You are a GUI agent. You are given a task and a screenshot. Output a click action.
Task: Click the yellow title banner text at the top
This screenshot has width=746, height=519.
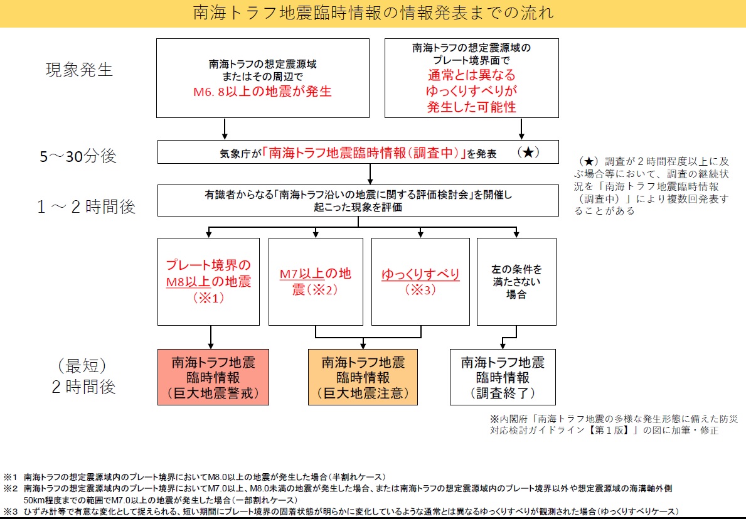(x=373, y=13)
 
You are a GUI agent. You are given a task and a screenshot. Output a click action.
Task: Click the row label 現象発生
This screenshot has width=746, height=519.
(x=79, y=69)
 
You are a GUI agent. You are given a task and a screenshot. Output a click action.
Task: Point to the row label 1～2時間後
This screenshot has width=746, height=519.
(x=86, y=206)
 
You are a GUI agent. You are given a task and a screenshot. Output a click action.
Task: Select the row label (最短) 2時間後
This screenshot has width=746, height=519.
(x=84, y=376)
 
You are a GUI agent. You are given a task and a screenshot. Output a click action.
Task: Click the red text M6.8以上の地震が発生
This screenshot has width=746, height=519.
(x=262, y=92)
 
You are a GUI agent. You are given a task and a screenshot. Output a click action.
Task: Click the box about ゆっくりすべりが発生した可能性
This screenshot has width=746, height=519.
(x=471, y=77)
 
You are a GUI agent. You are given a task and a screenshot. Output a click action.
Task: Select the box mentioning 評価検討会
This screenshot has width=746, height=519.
(x=358, y=201)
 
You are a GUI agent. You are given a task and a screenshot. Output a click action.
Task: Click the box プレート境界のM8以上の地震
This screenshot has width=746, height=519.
(x=208, y=281)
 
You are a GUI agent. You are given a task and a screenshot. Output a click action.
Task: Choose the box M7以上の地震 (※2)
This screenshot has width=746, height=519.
(x=315, y=281)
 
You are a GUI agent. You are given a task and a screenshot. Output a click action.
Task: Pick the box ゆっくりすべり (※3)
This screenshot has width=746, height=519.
(x=419, y=281)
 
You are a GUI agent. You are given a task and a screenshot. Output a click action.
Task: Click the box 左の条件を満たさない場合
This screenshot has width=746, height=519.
(x=516, y=281)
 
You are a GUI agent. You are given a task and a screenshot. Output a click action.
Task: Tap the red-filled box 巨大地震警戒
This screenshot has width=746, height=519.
(x=213, y=377)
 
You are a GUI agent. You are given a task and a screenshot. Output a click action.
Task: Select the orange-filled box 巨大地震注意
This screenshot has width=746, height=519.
(x=363, y=377)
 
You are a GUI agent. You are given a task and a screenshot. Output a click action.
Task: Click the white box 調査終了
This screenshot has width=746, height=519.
(x=503, y=377)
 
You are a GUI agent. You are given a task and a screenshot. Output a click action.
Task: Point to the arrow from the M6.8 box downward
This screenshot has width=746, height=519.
(x=225, y=128)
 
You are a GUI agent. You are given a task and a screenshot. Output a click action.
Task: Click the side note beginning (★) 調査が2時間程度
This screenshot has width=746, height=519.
(x=653, y=186)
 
